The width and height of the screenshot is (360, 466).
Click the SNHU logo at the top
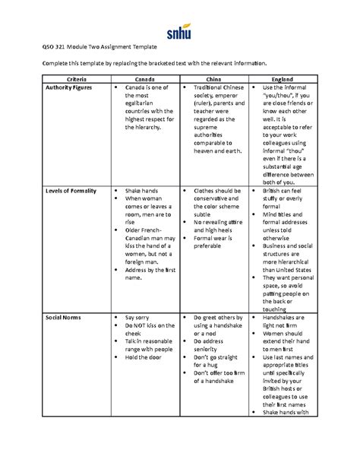click(x=179, y=32)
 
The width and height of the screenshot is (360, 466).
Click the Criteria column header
click(x=77, y=79)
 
